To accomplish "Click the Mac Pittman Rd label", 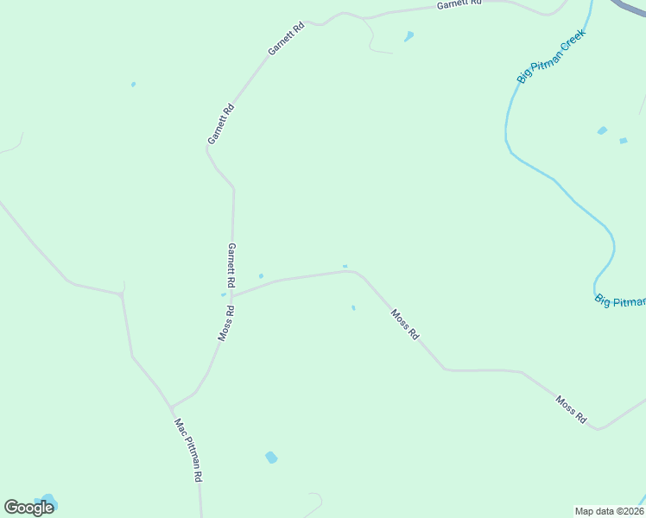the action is click(x=188, y=450).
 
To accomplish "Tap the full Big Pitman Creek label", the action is click(x=551, y=56).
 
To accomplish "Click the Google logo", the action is click(x=28, y=508).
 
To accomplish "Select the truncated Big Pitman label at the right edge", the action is click(x=620, y=300).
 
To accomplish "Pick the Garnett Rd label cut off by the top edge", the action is click(x=458, y=4).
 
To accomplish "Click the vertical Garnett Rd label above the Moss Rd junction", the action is click(x=231, y=265).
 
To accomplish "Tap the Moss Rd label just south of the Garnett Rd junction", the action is click(x=226, y=323).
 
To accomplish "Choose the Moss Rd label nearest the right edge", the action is click(x=572, y=410).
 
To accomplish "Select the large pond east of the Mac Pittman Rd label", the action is click(x=271, y=457).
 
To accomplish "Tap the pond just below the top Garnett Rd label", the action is click(x=408, y=36).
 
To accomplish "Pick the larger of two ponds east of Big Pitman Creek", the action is click(x=602, y=130).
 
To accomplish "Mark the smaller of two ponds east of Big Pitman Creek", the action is click(x=623, y=140).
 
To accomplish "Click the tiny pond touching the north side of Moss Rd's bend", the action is click(x=345, y=266).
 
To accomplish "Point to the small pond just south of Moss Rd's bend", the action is click(x=353, y=307).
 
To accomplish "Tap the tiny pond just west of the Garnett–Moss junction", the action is click(x=223, y=294).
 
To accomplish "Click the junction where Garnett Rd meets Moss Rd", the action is click(x=231, y=296).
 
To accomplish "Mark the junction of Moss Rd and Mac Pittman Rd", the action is click(x=172, y=406).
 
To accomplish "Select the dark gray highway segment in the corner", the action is click(x=630, y=6).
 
